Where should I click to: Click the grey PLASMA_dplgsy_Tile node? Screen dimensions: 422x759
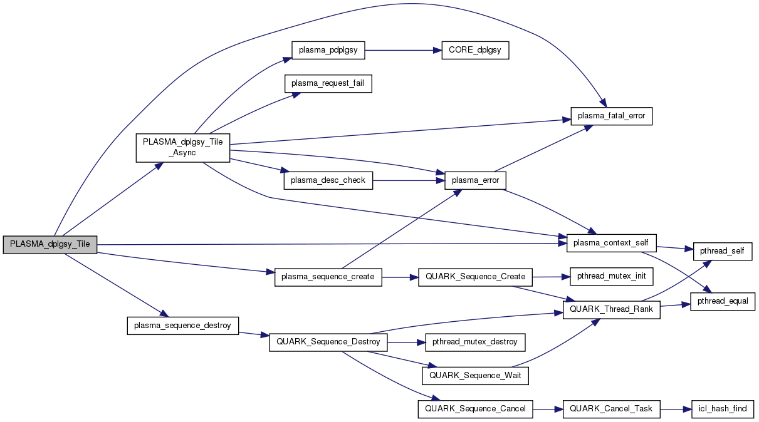coord(50,245)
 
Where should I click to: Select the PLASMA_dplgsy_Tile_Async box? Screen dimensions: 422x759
coord(183,148)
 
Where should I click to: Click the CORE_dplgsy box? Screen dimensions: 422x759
coord(474,51)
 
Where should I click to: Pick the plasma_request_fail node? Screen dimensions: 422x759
coord(328,83)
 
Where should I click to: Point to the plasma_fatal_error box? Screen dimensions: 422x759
coord(612,116)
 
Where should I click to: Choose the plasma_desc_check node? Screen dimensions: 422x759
coord(328,180)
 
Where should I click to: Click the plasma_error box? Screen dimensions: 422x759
coord(475,180)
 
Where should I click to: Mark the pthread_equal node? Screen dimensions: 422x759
coord(722,301)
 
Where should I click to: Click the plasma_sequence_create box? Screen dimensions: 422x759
coord(328,277)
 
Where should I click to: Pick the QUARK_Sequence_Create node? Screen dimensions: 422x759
coord(475,277)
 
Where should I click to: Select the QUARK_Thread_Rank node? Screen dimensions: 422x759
coord(611,309)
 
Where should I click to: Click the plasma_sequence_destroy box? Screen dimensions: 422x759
coord(182,326)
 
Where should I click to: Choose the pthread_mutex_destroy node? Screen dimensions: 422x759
coord(475,342)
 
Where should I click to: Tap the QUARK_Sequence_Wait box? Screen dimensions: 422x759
coord(475,375)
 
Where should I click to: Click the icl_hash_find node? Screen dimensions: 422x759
coord(722,409)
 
